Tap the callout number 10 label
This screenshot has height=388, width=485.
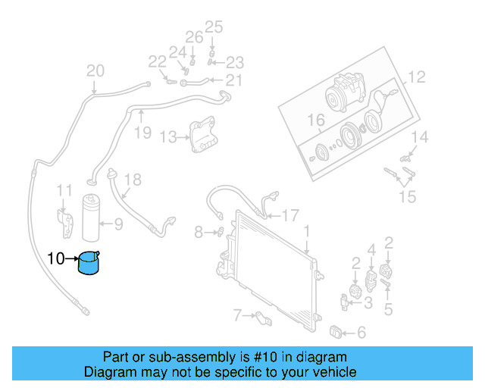[56, 258]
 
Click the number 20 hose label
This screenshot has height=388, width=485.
[95, 72]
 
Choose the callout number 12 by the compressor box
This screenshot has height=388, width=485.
[417, 77]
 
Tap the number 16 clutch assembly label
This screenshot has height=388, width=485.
[315, 120]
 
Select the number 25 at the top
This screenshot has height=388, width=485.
[214, 28]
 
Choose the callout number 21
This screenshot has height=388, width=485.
[234, 81]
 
